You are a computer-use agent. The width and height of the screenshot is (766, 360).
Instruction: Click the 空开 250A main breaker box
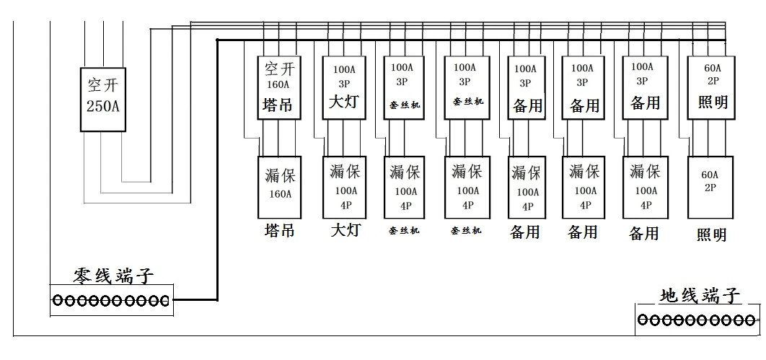(102, 100)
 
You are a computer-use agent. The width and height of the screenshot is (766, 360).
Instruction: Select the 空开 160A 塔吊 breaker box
(278, 87)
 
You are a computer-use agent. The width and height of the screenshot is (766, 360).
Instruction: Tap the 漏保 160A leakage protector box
(278, 187)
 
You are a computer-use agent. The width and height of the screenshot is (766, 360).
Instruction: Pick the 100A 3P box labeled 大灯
(343, 87)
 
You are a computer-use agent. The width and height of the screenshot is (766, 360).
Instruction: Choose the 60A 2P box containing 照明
(709, 87)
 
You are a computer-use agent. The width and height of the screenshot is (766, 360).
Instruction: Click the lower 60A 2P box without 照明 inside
(709, 187)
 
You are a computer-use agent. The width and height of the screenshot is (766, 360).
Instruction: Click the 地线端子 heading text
(700, 295)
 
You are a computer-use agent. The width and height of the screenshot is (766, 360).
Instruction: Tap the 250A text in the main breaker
(102, 108)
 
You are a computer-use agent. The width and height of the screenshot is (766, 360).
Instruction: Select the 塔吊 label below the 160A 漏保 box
(279, 230)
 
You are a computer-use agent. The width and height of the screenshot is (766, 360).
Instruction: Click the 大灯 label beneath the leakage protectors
(345, 230)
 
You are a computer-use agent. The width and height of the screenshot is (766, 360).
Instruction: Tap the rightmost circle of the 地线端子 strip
(751, 320)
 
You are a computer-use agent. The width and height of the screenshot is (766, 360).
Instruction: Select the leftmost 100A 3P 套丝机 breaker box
(404, 87)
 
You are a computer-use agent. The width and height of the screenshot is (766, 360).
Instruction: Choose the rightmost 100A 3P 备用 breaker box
(644, 87)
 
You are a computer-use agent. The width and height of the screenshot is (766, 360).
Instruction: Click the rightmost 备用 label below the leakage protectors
(644, 233)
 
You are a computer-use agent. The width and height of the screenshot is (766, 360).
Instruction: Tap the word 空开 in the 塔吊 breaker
(278, 69)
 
